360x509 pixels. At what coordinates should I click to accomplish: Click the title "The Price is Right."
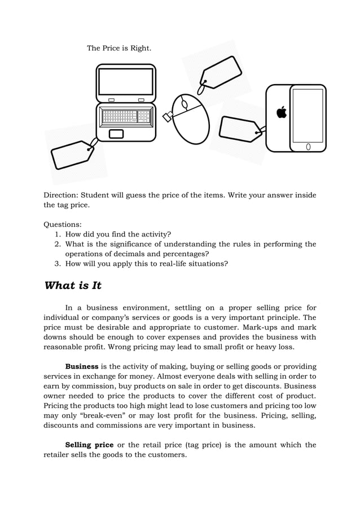click(x=118, y=49)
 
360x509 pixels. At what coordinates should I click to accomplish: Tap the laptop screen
click(x=126, y=82)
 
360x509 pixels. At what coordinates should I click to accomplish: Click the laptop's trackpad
click(x=116, y=134)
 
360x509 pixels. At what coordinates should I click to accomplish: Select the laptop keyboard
click(x=126, y=116)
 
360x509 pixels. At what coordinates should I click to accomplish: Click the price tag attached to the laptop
click(x=72, y=155)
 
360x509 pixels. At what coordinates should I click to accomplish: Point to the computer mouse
click(x=190, y=118)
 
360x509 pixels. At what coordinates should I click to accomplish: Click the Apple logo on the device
click(x=281, y=113)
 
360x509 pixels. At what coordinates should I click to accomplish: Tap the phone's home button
click(x=308, y=147)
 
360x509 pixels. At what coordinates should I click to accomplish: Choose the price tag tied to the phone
click(x=240, y=129)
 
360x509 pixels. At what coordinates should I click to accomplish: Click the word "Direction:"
click(x=62, y=195)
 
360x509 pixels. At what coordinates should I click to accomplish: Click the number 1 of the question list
click(x=58, y=234)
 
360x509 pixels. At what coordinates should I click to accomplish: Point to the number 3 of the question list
click(x=58, y=263)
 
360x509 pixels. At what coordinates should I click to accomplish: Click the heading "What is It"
click(x=73, y=286)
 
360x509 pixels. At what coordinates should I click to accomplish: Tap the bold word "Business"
click(x=82, y=366)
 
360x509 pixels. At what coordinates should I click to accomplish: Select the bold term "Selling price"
click(x=89, y=445)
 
